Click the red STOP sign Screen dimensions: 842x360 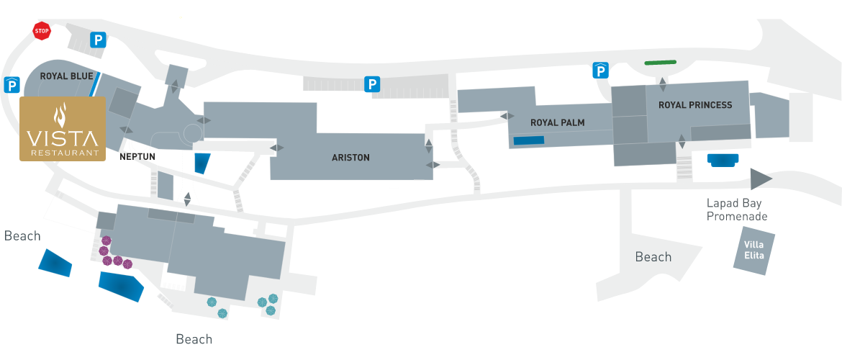(41, 31)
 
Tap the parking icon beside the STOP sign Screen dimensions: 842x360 (98, 39)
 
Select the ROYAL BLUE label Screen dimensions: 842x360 (67, 76)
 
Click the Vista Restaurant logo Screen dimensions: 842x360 (63, 129)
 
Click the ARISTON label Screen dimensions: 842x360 (350, 158)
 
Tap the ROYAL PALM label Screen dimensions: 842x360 (558, 122)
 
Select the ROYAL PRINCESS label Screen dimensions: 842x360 (695, 105)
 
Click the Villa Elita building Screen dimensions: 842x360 (754, 251)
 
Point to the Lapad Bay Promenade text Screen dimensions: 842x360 (737, 210)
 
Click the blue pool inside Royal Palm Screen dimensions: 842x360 (529, 140)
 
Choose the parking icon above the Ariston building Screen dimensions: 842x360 (372, 84)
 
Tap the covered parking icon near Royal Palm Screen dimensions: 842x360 (600, 71)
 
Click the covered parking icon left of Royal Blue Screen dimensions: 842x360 (12, 85)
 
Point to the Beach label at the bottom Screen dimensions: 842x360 (194, 339)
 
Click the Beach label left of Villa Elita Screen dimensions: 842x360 (653, 257)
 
